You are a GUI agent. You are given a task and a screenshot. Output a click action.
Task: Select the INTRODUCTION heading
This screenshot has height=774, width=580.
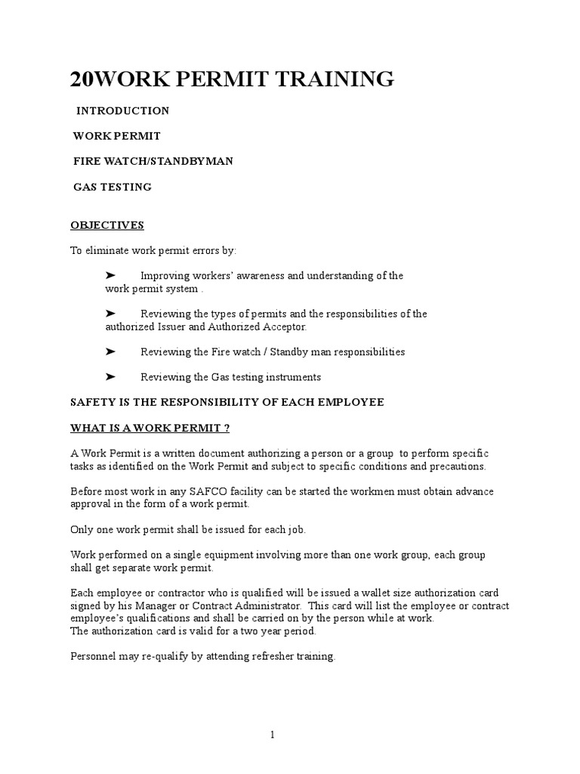(122, 111)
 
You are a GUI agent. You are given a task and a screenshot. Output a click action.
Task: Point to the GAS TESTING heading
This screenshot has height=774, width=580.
(113, 187)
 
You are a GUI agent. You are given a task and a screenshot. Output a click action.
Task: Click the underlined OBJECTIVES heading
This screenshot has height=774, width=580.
(107, 225)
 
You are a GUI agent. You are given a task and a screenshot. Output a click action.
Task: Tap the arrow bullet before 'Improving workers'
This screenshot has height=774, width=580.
(110, 276)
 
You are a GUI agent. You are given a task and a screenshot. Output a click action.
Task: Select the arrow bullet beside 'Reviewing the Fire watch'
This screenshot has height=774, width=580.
(110, 351)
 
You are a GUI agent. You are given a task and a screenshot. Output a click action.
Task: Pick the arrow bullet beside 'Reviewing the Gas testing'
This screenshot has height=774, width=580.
(110, 376)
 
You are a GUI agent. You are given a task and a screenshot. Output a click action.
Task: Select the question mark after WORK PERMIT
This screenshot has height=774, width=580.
(227, 428)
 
